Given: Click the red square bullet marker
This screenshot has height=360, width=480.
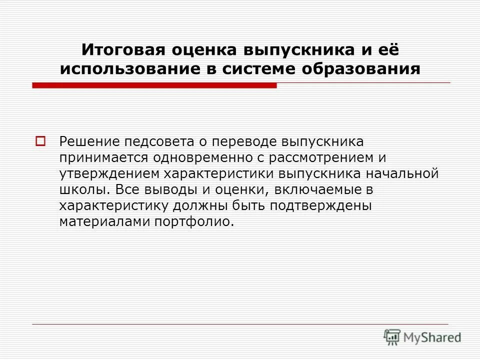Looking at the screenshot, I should pyautogui.click(x=40, y=141).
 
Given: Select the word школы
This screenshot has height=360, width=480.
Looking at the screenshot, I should pyautogui.click(x=82, y=190).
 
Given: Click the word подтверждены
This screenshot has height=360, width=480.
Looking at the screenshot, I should pyautogui.click(x=319, y=206).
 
